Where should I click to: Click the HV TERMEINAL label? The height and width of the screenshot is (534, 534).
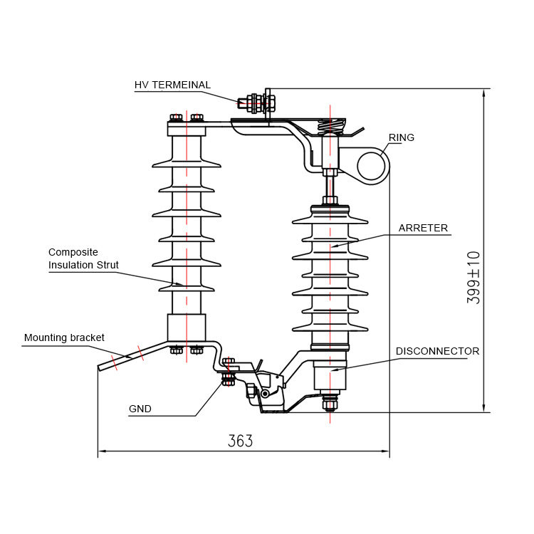[172, 85]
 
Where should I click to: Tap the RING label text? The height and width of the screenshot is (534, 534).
[402, 137]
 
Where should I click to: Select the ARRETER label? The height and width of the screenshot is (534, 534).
[423, 229]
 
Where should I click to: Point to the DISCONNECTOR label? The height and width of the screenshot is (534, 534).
[437, 351]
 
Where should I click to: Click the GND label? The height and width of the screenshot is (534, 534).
[140, 409]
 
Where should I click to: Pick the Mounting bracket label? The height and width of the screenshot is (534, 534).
[64, 337]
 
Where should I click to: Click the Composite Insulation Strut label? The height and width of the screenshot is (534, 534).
[83, 258]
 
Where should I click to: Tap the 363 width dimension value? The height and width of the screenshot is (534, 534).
[240, 441]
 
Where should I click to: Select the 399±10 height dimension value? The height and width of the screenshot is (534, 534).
[473, 278]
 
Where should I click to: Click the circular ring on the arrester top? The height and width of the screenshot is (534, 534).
[372, 167]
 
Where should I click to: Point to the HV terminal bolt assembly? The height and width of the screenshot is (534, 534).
[257, 103]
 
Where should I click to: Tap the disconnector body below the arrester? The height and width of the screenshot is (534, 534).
[330, 376]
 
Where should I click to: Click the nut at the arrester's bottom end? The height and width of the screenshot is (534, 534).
[330, 405]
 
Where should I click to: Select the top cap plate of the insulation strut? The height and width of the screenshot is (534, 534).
[187, 129]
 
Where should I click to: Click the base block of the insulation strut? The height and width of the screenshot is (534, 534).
[187, 328]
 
